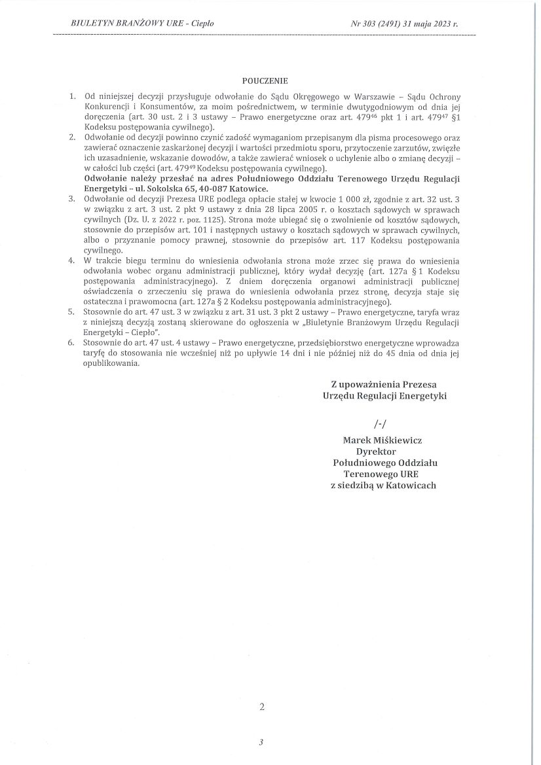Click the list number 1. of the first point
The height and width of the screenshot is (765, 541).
coord(73,96)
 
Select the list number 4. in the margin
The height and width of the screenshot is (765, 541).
coord(73,260)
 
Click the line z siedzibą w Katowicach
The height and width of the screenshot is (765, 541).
coord(383,486)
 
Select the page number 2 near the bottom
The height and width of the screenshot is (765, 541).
coord(262,707)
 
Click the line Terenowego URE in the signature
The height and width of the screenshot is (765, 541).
coord(381,474)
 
